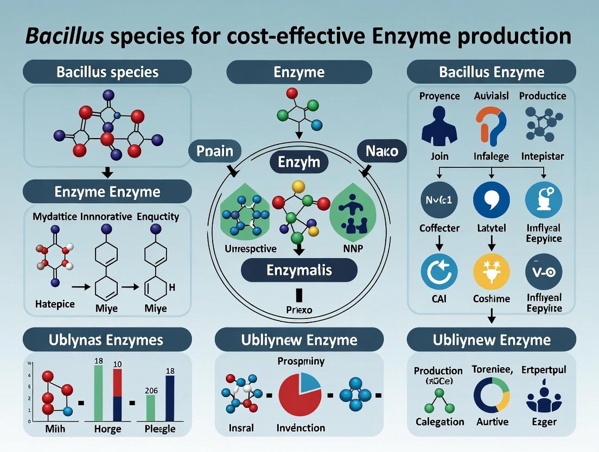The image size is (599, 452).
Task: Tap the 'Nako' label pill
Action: click(x=381, y=151)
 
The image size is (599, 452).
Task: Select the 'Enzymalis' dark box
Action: click(x=299, y=269)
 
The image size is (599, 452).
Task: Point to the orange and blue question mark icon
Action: click(x=491, y=125)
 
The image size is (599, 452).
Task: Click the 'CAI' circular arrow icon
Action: click(x=439, y=271)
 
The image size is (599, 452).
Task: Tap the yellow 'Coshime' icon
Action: click(x=491, y=271)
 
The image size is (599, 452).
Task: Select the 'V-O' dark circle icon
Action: click(x=544, y=271)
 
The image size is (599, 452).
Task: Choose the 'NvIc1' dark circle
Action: click(x=439, y=200)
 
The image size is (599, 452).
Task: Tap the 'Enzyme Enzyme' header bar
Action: click(x=107, y=192)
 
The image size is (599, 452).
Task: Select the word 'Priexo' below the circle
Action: click(x=299, y=310)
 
